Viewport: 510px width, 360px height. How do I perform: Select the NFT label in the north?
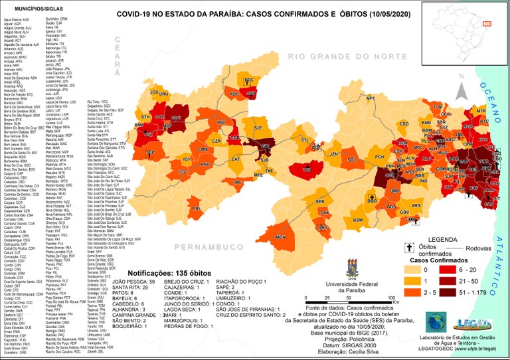371,98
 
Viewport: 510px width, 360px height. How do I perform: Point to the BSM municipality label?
357,220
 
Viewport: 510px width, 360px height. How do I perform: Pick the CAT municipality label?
235,159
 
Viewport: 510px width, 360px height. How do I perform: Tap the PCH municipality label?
379,157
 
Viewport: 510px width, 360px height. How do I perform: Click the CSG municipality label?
403,124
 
